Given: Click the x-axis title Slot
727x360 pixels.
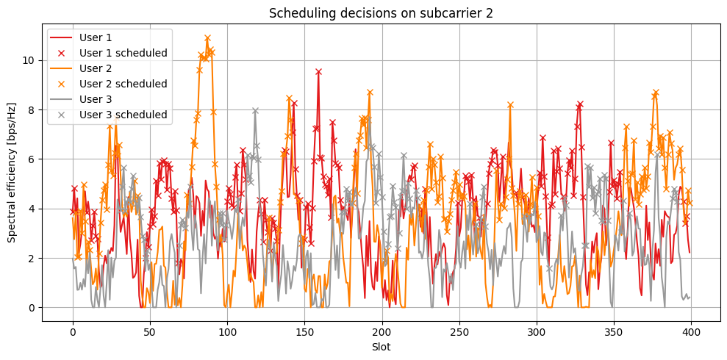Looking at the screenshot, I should [381, 347].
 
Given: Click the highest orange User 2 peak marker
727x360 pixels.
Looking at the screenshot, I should [207, 38].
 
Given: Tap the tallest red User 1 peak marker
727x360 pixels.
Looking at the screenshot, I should [318, 72].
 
